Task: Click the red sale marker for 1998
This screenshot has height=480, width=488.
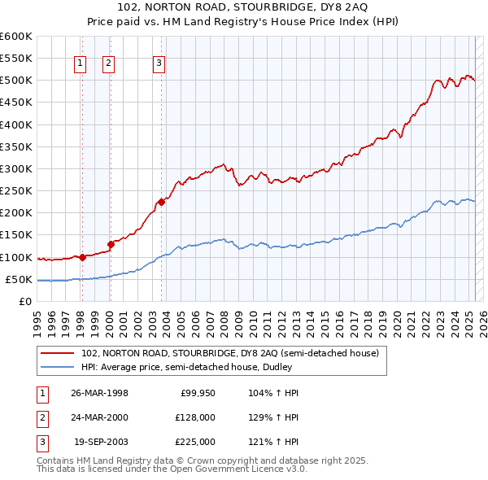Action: pyautogui.click(x=82, y=257)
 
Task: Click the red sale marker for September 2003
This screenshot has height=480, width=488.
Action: pyautogui.click(x=161, y=202)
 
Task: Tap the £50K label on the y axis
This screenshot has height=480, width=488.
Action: pyautogui.click(x=19, y=279)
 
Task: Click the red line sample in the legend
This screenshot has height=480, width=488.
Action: pyautogui.click(x=58, y=354)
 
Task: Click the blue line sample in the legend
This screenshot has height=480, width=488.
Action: pyautogui.click(x=58, y=367)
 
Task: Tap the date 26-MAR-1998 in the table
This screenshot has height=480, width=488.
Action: pyautogui.click(x=100, y=393)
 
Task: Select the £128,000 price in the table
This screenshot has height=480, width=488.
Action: pyautogui.click(x=195, y=417)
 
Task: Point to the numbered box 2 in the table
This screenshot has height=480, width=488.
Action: pyautogui.click(x=41, y=417)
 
